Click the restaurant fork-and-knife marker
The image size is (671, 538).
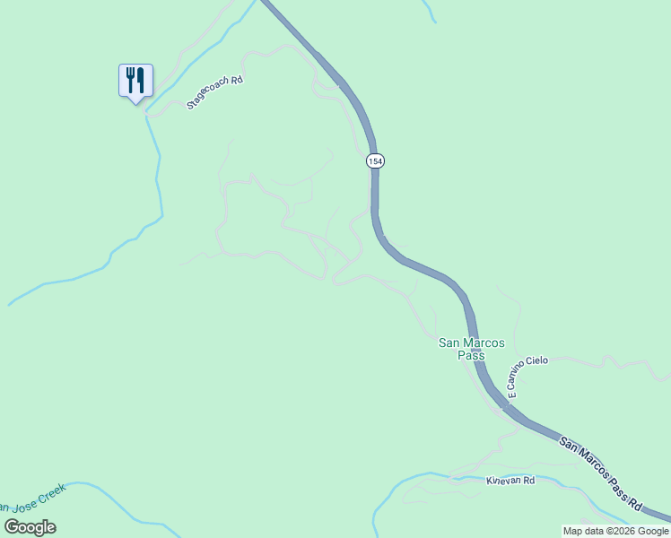(135, 81)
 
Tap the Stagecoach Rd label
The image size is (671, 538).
(215, 92)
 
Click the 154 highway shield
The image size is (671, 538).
(375, 161)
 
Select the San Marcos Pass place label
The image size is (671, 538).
(471, 349)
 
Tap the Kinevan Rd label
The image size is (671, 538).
(510, 481)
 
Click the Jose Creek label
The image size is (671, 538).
(36, 498)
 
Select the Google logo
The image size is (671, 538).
(30, 527)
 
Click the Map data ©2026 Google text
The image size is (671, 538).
(615, 531)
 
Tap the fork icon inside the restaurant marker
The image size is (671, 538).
(130, 79)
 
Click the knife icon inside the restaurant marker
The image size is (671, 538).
(140, 80)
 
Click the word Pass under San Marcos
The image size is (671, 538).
(471, 355)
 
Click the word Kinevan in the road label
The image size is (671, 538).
(503, 481)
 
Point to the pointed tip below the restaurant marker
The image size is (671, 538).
(135, 102)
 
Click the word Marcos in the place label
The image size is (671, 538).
(485, 343)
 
